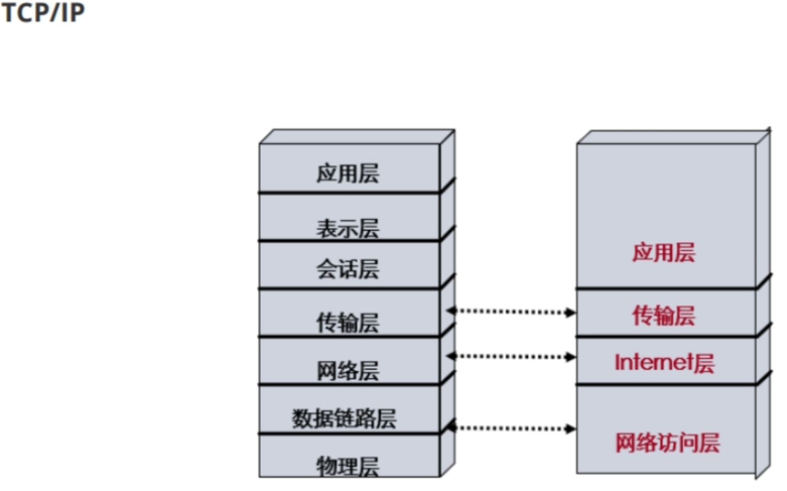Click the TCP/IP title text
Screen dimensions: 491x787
point(43,13)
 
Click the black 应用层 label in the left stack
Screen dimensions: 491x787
point(347,174)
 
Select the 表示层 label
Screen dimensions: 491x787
point(347,229)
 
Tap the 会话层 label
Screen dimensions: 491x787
point(347,269)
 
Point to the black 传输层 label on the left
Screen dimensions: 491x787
point(347,323)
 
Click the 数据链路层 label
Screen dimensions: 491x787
point(344,418)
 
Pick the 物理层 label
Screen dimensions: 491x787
point(347,466)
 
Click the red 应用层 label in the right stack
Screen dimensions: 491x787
point(664,252)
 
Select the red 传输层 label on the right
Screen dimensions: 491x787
point(664,315)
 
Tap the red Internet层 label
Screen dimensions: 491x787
point(664,363)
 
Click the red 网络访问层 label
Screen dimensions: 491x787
point(667,443)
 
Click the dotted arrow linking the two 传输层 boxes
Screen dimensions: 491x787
point(511,311)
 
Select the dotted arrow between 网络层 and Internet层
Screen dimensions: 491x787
point(511,356)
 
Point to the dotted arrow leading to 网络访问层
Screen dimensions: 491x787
point(511,428)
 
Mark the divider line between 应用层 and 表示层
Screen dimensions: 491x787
point(349,192)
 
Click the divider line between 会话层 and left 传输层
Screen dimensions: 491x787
point(349,289)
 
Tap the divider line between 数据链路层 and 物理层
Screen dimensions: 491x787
point(349,433)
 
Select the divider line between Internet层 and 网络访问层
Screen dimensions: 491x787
point(666,384)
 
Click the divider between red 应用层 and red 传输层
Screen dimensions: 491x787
point(666,289)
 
